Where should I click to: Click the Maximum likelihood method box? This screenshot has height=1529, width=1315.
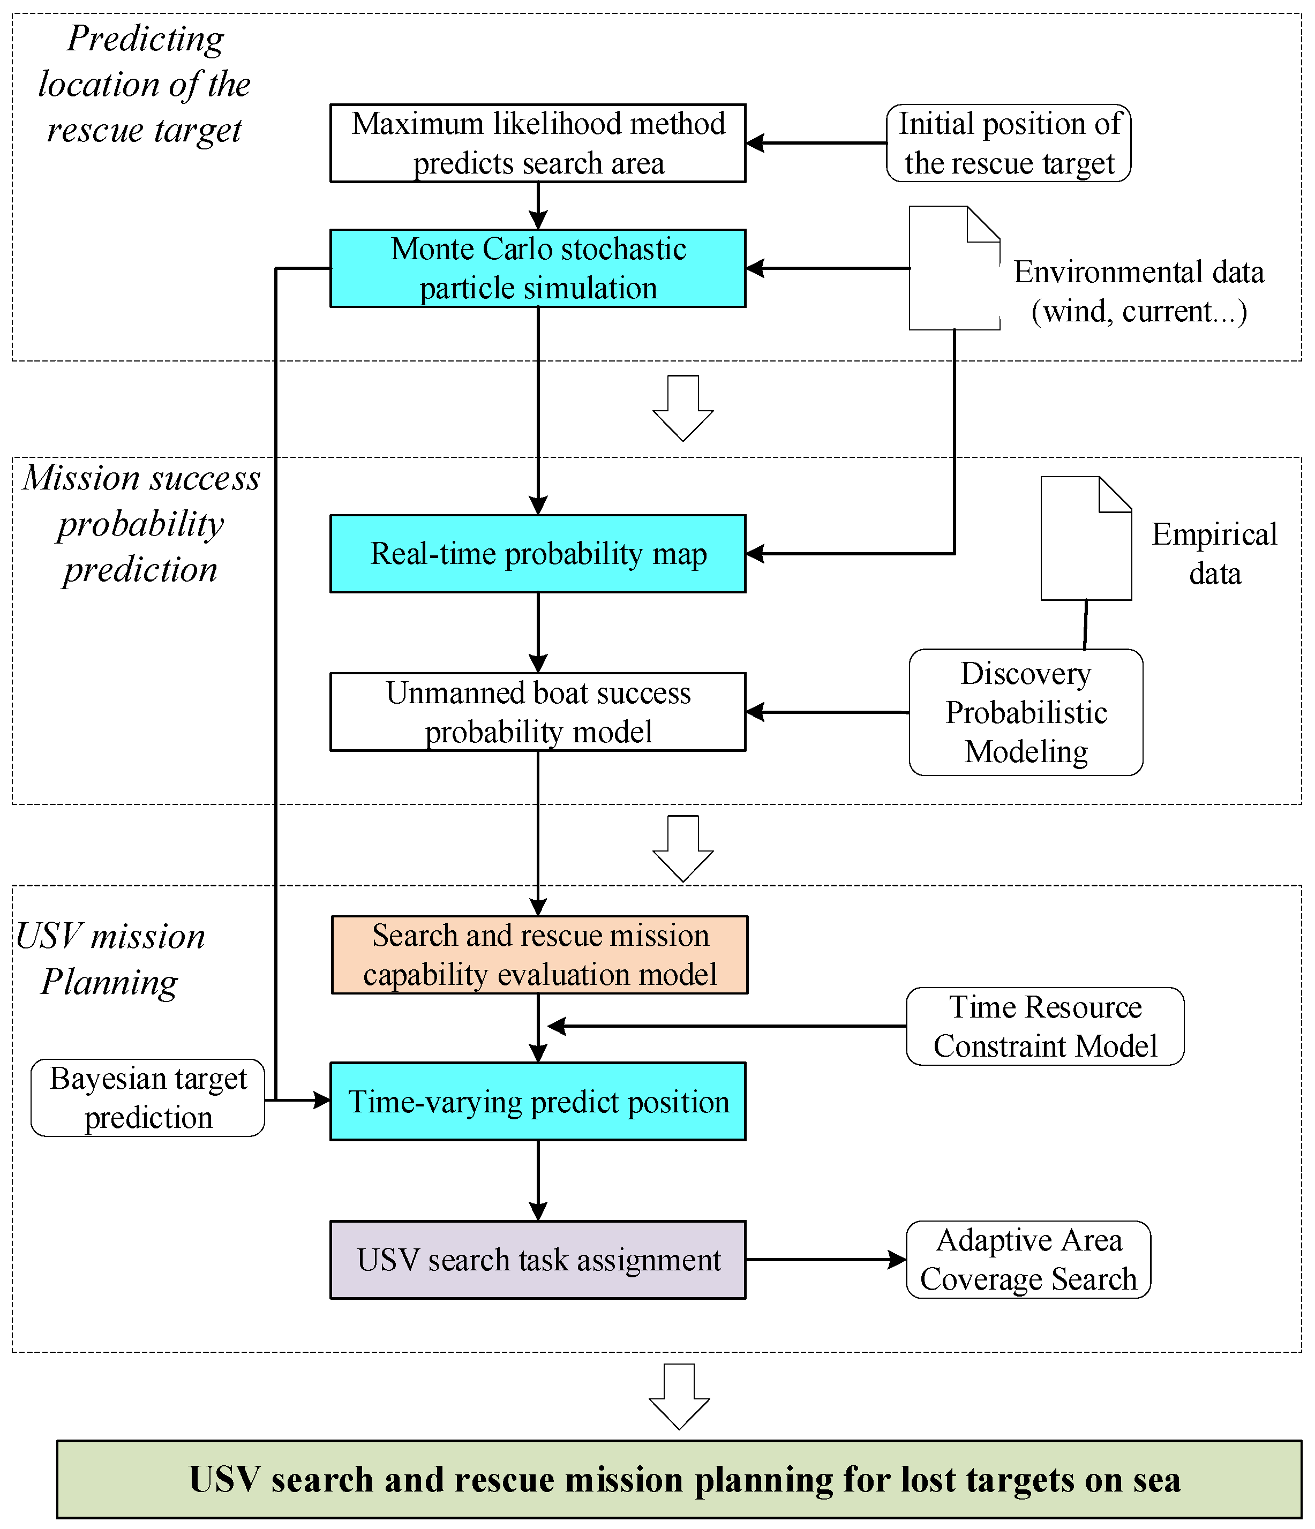[537, 143]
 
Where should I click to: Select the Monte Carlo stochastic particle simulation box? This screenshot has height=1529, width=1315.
[537, 268]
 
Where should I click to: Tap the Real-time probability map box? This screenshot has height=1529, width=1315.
[537, 553]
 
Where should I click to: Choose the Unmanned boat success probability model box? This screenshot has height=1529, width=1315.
[537, 712]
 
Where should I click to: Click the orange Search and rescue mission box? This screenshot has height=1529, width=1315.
[539, 955]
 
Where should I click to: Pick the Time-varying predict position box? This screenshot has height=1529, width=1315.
[537, 1101]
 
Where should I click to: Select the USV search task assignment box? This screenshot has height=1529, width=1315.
[537, 1260]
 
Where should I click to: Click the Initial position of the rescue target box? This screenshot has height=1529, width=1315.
[1008, 143]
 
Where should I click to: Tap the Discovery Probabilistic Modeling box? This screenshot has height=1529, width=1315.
[1026, 712]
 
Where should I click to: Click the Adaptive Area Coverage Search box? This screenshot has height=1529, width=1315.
[1028, 1260]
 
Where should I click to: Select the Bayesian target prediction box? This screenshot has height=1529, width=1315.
[148, 1098]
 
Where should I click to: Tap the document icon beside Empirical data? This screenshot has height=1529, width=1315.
[1086, 539]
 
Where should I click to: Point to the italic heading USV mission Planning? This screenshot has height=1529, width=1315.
[111, 959]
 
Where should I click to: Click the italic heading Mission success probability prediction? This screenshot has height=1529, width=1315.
[140, 523]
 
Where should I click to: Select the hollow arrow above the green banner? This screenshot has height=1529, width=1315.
[679, 1396]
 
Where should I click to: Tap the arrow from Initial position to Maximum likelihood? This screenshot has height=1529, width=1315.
[815, 143]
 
